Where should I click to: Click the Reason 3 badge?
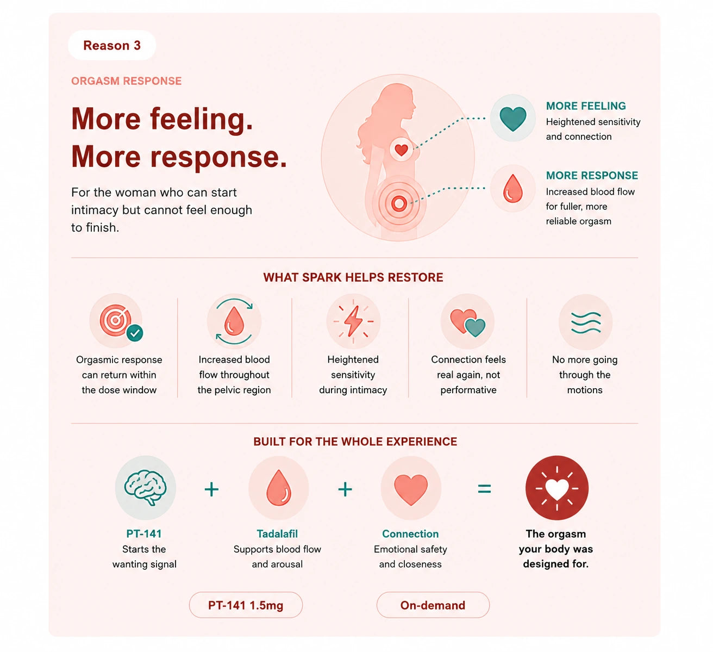pyautogui.click(x=111, y=45)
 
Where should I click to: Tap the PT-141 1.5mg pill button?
pyautogui.click(x=246, y=605)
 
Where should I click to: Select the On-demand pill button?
pyautogui.click(x=433, y=605)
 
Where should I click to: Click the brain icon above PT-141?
pyautogui.click(x=145, y=487)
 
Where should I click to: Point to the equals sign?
pyautogui.click(x=484, y=489)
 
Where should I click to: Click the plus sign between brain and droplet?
pyautogui.click(x=211, y=489)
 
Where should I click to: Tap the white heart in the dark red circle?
pyautogui.click(x=556, y=489)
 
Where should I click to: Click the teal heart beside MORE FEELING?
pyautogui.click(x=512, y=119)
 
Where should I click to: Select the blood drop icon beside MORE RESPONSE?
pyautogui.click(x=512, y=188)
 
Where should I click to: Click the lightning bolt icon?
pyautogui.click(x=353, y=321)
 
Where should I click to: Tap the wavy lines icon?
pyautogui.click(x=585, y=322)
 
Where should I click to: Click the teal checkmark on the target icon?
pyautogui.click(x=135, y=333)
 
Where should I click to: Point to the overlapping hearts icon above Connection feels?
pyautogui.click(x=467, y=322)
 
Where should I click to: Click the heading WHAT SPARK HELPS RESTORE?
pyautogui.click(x=353, y=277)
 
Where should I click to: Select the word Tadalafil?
pyautogui.click(x=277, y=533)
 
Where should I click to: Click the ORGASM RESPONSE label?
pyautogui.click(x=126, y=81)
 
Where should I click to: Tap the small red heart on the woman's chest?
pyautogui.click(x=401, y=150)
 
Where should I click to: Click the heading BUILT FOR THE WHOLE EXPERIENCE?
pyautogui.click(x=355, y=442)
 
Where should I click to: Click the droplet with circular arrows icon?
pyautogui.click(x=234, y=321)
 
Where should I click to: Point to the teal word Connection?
pyautogui.click(x=410, y=533)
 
